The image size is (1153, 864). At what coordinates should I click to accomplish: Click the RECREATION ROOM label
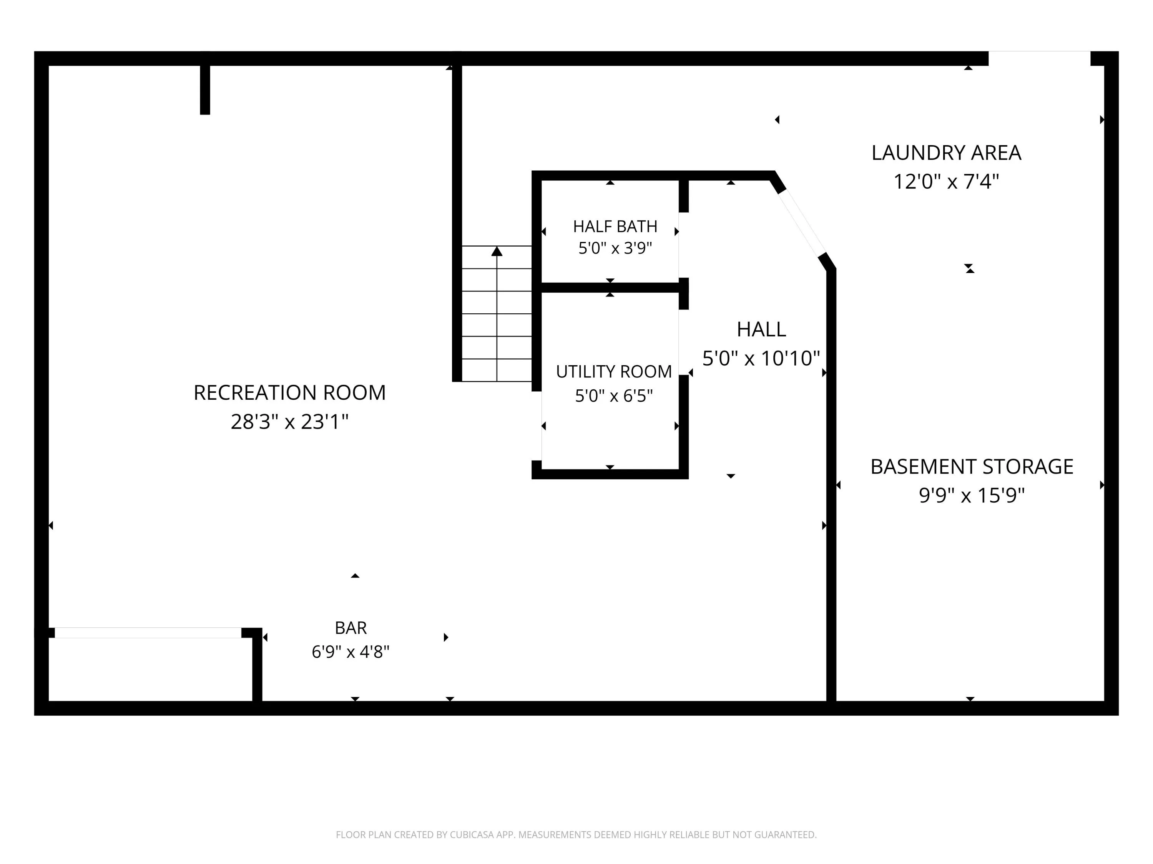click(x=289, y=393)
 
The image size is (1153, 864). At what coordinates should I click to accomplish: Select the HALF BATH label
click(x=615, y=227)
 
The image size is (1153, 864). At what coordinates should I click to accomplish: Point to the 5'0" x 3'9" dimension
click(x=615, y=248)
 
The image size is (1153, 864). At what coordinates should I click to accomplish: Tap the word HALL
click(x=761, y=329)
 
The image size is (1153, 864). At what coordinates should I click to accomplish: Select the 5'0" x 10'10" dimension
click(x=761, y=358)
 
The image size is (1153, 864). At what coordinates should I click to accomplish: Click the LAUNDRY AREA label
click(x=946, y=152)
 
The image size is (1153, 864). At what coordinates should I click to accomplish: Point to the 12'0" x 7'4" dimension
click(x=946, y=182)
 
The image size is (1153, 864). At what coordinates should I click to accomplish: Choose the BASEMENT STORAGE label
click(x=972, y=467)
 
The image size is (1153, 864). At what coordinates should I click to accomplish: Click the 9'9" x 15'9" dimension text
click(x=972, y=495)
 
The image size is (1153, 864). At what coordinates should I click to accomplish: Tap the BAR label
click(x=351, y=628)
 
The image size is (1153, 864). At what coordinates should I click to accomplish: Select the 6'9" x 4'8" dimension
click(x=351, y=652)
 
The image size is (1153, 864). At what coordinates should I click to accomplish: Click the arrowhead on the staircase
click(x=497, y=252)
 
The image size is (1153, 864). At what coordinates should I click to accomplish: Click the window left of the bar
click(x=148, y=633)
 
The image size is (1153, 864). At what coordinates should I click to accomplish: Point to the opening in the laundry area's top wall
click(x=1039, y=58)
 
